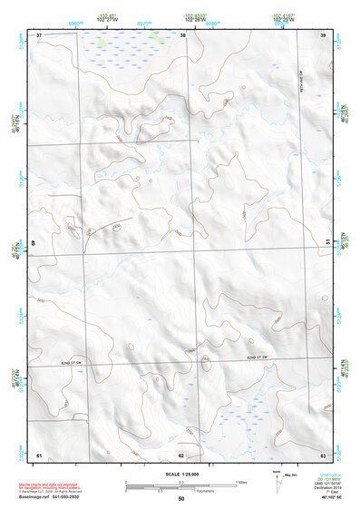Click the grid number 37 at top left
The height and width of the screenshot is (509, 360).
(x=39, y=34)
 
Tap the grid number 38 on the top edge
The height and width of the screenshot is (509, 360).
(x=183, y=34)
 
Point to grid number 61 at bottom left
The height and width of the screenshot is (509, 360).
(x=39, y=455)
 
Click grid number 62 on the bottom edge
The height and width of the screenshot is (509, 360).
(x=181, y=455)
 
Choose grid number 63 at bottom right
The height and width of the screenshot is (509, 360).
(x=324, y=455)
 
